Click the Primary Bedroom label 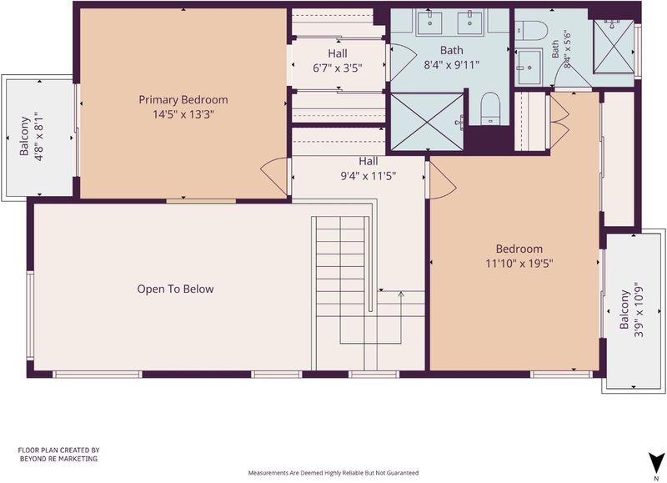coord(183,100)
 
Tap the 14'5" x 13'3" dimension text coord(183,114)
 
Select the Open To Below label coord(175,289)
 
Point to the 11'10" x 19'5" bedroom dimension coord(519,264)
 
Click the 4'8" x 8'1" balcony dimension coord(39,137)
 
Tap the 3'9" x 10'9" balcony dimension coord(639,309)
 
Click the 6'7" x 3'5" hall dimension coord(338,68)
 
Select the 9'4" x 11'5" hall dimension coord(369,176)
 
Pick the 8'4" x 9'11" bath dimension coord(451,65)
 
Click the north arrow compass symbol coord(656,461)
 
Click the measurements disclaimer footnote coord(333,473)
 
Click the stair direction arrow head coord(401,293)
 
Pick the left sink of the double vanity coord(429,23)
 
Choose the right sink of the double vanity coord(469,23)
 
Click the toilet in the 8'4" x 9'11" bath coord(490,109)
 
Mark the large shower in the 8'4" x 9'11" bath coord(427,122)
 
